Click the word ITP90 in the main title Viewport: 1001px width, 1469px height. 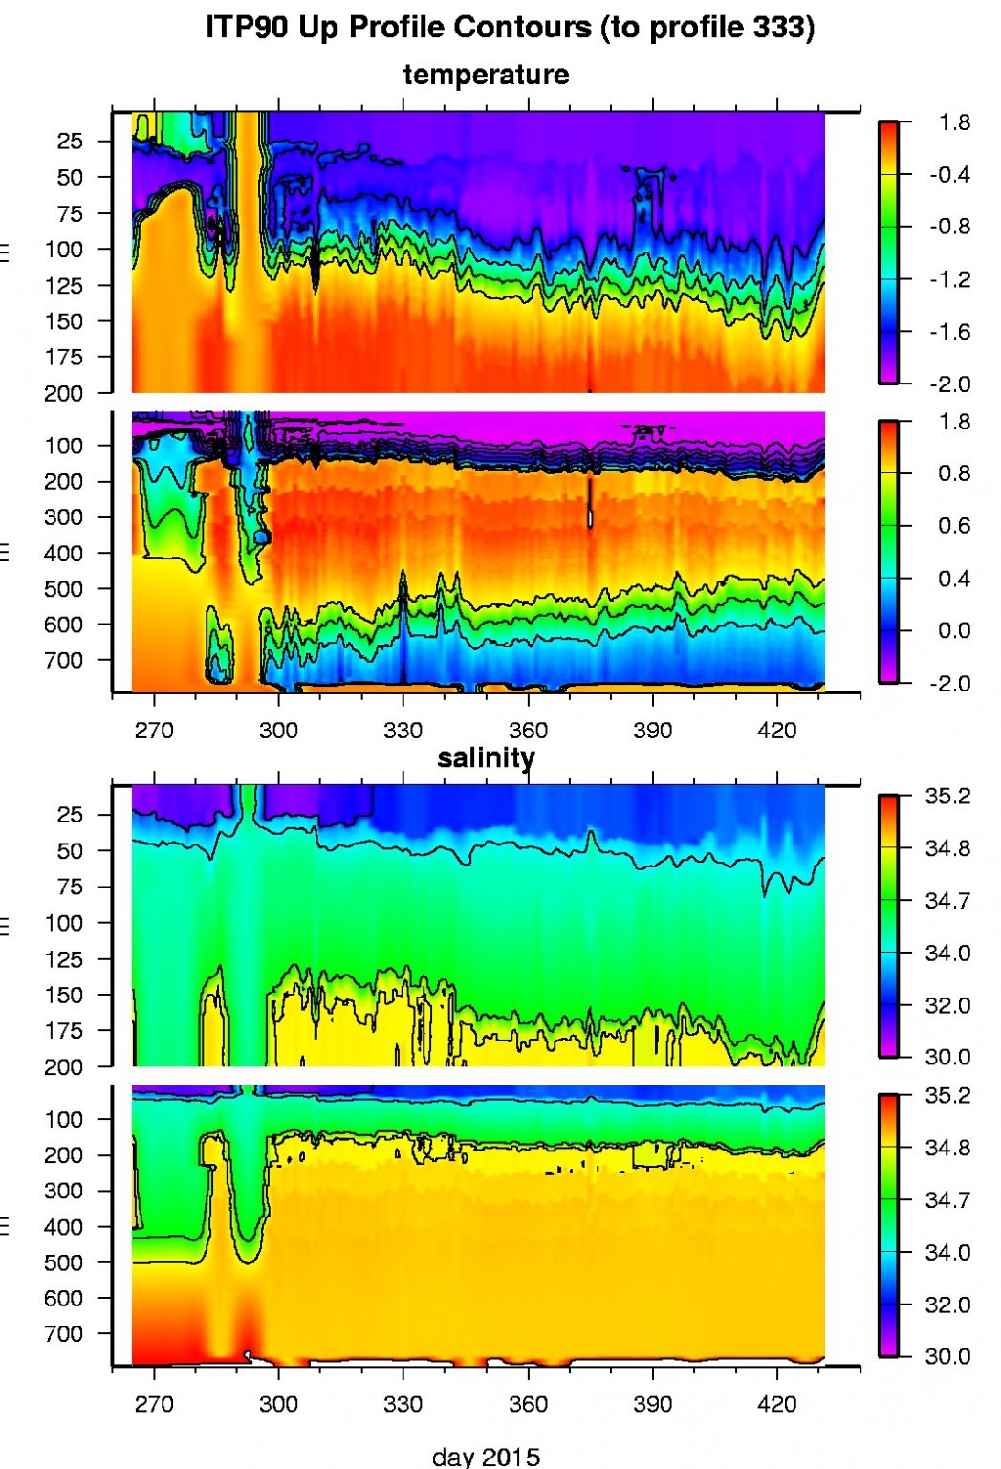tap(248, 27)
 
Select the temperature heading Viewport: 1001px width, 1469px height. tap(486, 75)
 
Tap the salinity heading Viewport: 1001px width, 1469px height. tap(486, 758)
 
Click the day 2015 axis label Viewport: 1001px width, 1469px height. tap(486, 1457)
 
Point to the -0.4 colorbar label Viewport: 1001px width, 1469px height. tap(948, 175)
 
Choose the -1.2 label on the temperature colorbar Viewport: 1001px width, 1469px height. tap(948, 280)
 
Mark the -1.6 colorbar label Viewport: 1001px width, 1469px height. tap(948, 333)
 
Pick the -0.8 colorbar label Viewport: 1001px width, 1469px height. tap(948, 228)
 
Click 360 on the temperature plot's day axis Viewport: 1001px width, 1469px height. tap(528, 732)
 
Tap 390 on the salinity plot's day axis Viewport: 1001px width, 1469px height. tap(652, 1404)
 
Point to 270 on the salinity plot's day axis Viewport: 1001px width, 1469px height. tap(154, 1404)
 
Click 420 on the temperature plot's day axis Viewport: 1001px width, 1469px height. tap(776, 732)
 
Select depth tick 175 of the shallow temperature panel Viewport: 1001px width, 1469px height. tap(64, 358)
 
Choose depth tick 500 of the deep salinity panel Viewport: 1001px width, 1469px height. tap(64, 1262)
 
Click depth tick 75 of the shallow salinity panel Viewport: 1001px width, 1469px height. tap(70, 888)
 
